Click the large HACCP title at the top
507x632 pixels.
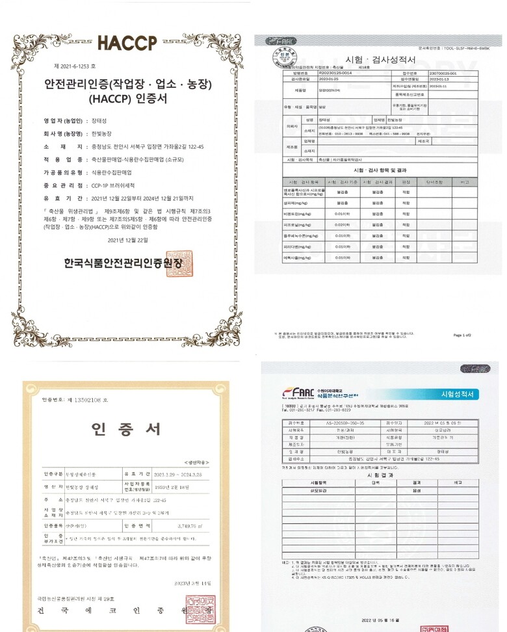pyautogui.click(x=127, y=42)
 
